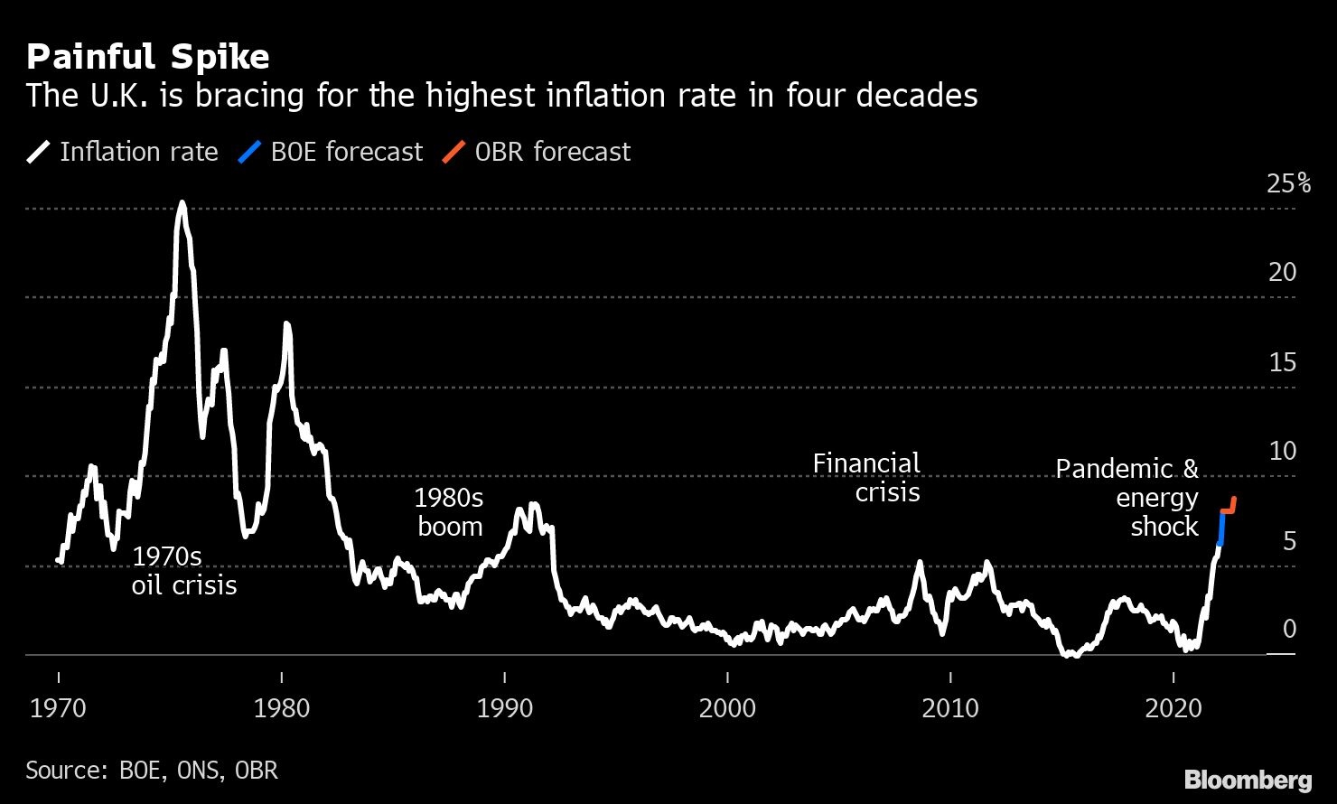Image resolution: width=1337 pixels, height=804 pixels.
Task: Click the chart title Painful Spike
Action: pyautogui.click(x=147, y=58)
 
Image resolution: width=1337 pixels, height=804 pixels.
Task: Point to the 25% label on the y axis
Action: pyautogui.click(x=1288, y=184)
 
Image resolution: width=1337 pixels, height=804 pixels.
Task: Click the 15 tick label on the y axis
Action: pyautogui.click(x=1282, y=362)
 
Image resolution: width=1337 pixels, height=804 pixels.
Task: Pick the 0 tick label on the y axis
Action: pyautogui.click(x=1289, y=629)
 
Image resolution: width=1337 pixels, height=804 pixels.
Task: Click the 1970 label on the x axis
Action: pyautogui.click(x=59, y=708)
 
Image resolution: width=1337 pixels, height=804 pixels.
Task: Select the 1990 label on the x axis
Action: pyautogui.click(x=504, y=708)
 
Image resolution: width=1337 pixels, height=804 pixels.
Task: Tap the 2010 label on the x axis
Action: pyautogui.click(x=950, y=708)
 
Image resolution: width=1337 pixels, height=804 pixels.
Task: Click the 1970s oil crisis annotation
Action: pyautogui.click(x=183, y=571)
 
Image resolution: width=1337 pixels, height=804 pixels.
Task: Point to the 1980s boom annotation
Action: pyautogui.click(x=449, y=512)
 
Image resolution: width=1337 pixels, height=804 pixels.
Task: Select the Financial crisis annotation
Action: pyautogui.click(x=867, y=478)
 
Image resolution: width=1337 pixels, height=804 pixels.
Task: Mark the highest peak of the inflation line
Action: pyautogui.click(x=182, y=203)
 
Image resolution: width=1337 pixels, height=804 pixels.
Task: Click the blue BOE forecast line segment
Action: pyautogui.click(x=1220, y=528)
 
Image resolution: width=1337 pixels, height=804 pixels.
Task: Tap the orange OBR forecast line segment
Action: pyautogui.click(x=1229, y=510)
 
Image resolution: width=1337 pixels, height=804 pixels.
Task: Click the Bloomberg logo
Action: pyautogui.click(x=1248, y=779)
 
